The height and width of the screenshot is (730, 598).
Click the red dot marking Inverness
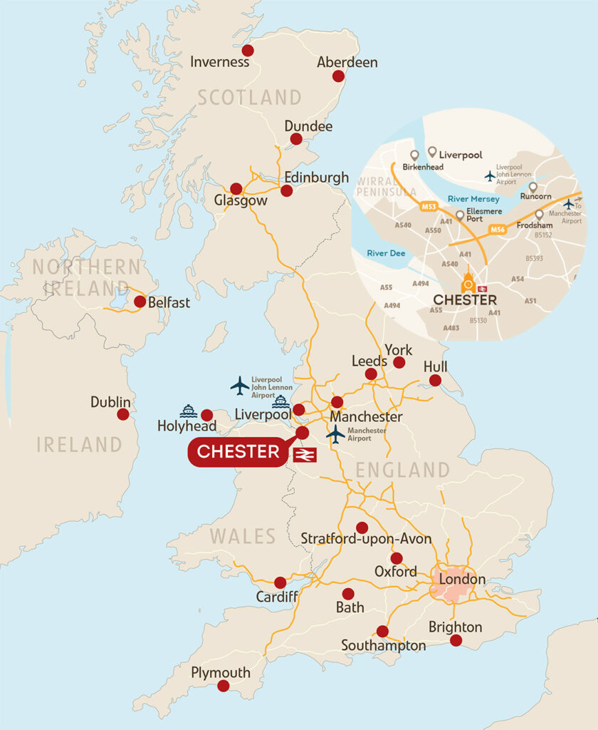pyautogui.click(x=248, y=50)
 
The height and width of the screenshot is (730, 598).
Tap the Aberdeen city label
pyautogui.click(x=347, y=62)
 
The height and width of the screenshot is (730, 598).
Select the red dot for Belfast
pyautogui.click(x=140, y=302)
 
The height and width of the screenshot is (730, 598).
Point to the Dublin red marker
pyautogui.click(x=123, y=414)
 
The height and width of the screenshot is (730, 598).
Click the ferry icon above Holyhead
pyautogui.click(x=188, y=411)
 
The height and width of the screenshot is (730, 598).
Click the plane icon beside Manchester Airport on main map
pyautogui.click(x=335, y=433)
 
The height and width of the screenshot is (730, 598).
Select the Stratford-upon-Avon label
pyautogui.click(x=366, y=539)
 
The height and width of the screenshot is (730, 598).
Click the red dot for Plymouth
pyautogui.click(x=224, y=686)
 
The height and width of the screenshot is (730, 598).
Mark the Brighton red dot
pyautogui.click(x=456, y=640)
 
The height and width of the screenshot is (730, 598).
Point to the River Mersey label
pyautogui.click(x=474, y=199)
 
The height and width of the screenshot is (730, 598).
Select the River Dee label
pyautogui.click(x=383, y=252)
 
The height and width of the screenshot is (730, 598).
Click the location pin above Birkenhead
pyautogui.click(x=414, y=155)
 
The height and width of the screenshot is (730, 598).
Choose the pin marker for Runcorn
pyautogui.click(x=533, y=187)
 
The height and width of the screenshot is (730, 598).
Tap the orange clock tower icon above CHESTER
pyautogui.click(x=468, y=282)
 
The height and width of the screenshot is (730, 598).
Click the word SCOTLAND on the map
pyautogui.click(x=249, y=97)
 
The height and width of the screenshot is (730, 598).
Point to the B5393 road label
pyautogui.click(x=535, y=258)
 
